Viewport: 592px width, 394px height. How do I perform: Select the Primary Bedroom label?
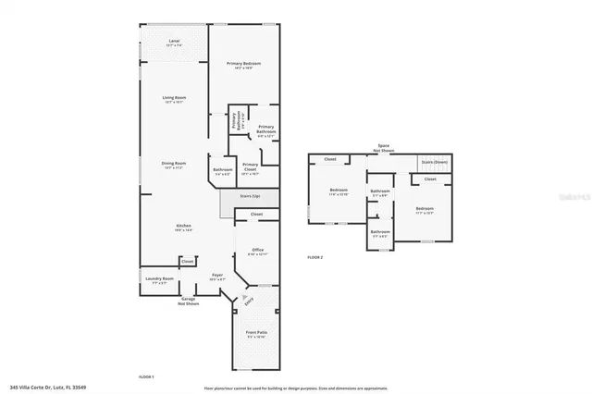click(244, 64)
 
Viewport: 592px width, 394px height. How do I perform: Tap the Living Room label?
click(173, 100)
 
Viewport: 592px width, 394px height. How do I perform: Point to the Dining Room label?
click(173, 166)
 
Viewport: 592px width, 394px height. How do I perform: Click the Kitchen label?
click(185, 227)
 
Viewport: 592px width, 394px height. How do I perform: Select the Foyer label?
click(217, 277)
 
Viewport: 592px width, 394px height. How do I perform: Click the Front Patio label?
click(256, 334)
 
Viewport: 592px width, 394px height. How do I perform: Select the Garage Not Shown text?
click(189, 302)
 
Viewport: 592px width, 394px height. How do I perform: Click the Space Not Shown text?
click(383, 148)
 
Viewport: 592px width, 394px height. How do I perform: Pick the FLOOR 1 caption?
click(146, 376)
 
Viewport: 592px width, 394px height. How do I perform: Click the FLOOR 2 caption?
click(315, 255)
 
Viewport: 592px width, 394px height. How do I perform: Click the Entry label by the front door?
click(248, 301)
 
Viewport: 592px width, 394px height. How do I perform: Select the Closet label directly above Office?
click(256, 214)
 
